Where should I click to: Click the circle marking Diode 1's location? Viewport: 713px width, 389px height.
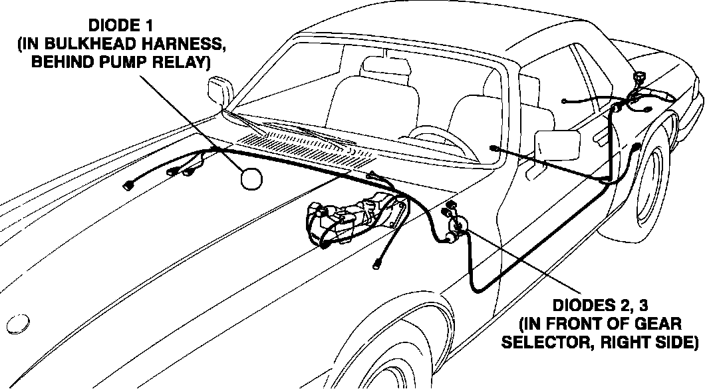click(251, 179)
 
